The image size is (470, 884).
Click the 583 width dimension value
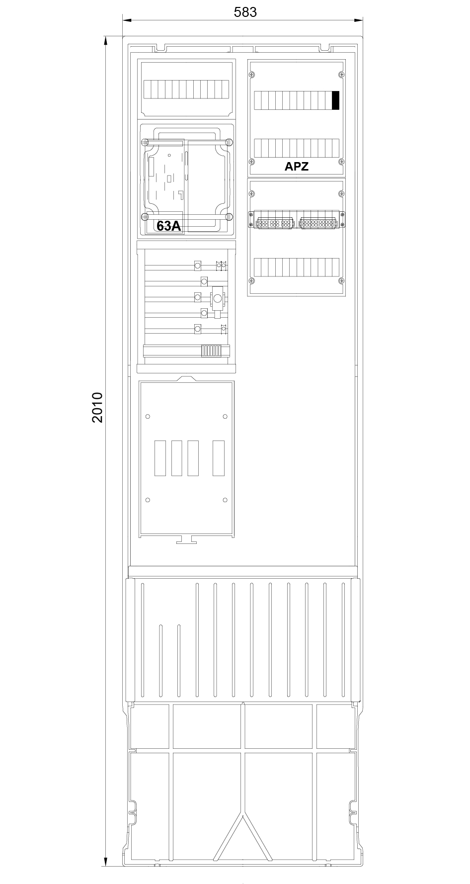click(x=245, y=12)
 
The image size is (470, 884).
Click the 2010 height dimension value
click(x=97, y=407)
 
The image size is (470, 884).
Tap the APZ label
click(x=296, y=167)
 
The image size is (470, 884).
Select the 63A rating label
click(x=168, y=226)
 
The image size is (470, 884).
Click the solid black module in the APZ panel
click(x=335, y=100)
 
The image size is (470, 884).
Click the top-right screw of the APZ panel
click(x=340, y=75)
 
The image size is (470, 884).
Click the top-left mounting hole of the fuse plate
click(x=148, y=416)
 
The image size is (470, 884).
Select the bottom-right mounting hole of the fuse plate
click(x=225, y=500)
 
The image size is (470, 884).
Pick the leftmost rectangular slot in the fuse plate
click(x=160, y=458)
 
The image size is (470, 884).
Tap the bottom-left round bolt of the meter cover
click(x=145, y=216)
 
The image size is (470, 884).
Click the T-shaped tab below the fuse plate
click(x=186, y=540)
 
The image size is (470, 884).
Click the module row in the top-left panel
click(x=186, y=90)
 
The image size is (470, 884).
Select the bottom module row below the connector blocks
click(x=296, y=267)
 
